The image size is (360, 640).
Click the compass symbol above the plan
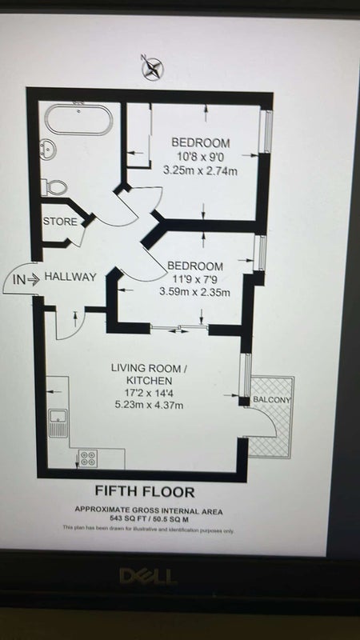(152, 67)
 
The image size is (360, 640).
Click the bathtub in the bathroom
(78, 119)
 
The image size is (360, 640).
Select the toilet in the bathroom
(54, 186)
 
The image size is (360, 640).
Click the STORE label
(60, 222)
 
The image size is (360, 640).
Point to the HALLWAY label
(70, 277)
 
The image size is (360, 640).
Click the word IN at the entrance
(19, 279)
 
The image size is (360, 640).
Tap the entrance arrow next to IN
(34, 279)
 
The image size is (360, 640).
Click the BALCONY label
(272, 399)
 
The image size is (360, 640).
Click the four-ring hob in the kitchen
(87, 458)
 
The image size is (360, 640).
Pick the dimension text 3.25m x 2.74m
(200, 170)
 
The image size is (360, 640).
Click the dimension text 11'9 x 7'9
(195, 279)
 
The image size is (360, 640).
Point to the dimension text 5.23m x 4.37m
(149, 405)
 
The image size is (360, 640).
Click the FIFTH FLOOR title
(145, 491)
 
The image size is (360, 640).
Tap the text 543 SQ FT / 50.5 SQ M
(149, 518)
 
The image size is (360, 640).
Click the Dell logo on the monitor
(149, 576)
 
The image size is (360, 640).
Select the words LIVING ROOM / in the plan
(149, 368)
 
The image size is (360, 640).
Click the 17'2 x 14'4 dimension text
(149, 393)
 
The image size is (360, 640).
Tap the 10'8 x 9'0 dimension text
(201, 156)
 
